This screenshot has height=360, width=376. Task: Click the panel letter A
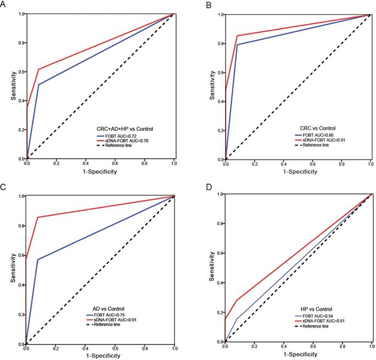[4, 4]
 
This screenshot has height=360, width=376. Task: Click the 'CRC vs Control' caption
[314, 129]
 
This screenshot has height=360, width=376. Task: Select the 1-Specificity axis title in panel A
[100, 173]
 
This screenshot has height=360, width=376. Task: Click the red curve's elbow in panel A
[38, 69]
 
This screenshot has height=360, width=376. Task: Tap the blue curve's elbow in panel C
[37, 259]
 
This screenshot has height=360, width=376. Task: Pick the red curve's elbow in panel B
[237, 36]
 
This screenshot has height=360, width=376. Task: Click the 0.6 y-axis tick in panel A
[20, 71]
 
